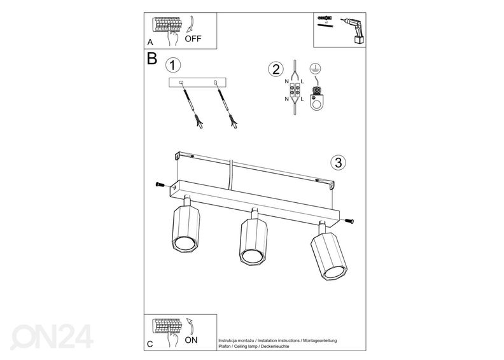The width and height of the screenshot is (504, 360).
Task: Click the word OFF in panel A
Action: point(193,39)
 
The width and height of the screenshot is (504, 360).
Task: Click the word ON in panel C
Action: point(191,340)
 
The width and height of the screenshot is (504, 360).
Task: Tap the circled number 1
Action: point(173,65)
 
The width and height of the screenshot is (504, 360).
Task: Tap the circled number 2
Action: point(276,69)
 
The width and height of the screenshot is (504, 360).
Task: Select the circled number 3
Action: point(338,162)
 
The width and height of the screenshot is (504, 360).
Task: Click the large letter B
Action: point(151,59)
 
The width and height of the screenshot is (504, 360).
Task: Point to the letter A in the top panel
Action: point(150,42)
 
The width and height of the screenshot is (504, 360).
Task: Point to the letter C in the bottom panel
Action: point(150,344)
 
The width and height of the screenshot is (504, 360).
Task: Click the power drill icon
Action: point(353,31)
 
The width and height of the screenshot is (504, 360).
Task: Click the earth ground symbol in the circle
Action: point(316,69)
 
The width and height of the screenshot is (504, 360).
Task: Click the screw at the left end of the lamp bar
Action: point(160,184)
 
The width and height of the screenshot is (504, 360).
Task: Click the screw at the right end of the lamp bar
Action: point(349,221)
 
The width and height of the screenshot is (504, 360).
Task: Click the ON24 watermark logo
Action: point(52,336)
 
